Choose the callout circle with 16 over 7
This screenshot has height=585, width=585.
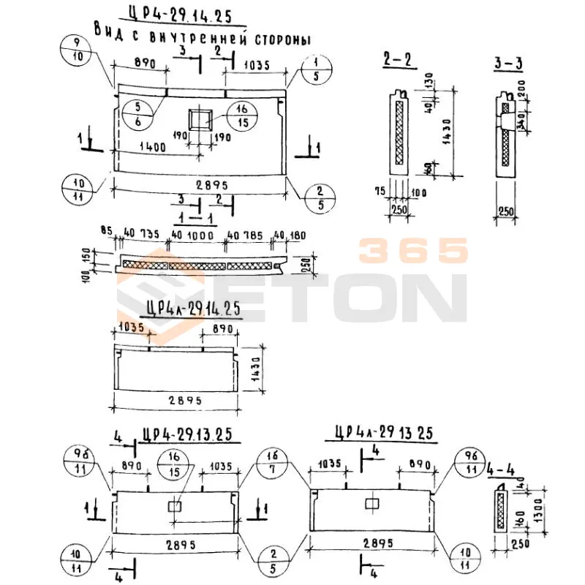[x=272, y=463]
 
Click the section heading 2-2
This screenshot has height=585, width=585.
[x=396, y=61]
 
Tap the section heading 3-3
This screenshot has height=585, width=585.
[x=508, y=64]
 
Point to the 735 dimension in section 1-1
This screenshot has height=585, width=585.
[x=149, y=235]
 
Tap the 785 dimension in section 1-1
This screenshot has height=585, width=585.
[x=251, y=235]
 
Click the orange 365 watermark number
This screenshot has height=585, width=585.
[x=413, y=251]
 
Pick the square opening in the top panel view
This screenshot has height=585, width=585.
[x=200, y=118]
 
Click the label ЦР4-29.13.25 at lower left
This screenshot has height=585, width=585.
[x=188, y=434]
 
